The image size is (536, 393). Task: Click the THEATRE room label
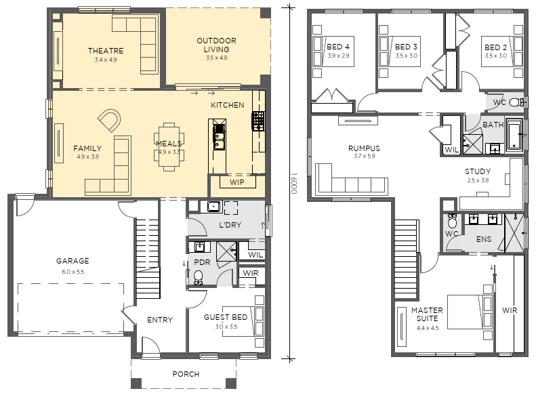click(x=106, y=51)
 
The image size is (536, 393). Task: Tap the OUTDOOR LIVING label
click(x=216, y=45)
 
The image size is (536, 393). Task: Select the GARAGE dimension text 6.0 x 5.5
click(x=73, y=272)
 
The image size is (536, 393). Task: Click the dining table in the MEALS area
click(x=169, y=146)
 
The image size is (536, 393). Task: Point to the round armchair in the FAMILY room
click(x=109, y=120)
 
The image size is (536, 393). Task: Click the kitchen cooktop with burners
click(x=258, y=121)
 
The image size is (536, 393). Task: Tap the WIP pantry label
click(x=237, y=182)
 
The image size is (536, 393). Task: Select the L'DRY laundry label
click(x=230, y=225)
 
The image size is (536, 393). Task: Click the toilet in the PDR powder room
click(x=198, y=277)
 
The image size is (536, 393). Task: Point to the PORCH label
click(x=186, y=374)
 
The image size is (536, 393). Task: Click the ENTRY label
click(x=160, y=320)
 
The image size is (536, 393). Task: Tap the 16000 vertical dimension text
click(x=294, y=183)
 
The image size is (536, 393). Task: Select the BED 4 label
click(x=337, y=47)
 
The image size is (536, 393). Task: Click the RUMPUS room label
click(x=364, y=148)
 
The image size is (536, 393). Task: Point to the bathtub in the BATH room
click(x=514, y=134)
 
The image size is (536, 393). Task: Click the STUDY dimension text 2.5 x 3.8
click(x=478, y=180)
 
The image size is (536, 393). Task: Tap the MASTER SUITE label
click(x=427, y=314)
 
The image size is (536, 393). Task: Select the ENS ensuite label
click(x=484, y=239)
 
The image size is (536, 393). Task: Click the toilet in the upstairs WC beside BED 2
click(x=516, y=102)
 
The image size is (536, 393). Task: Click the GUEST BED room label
click(x=226, y=317)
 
